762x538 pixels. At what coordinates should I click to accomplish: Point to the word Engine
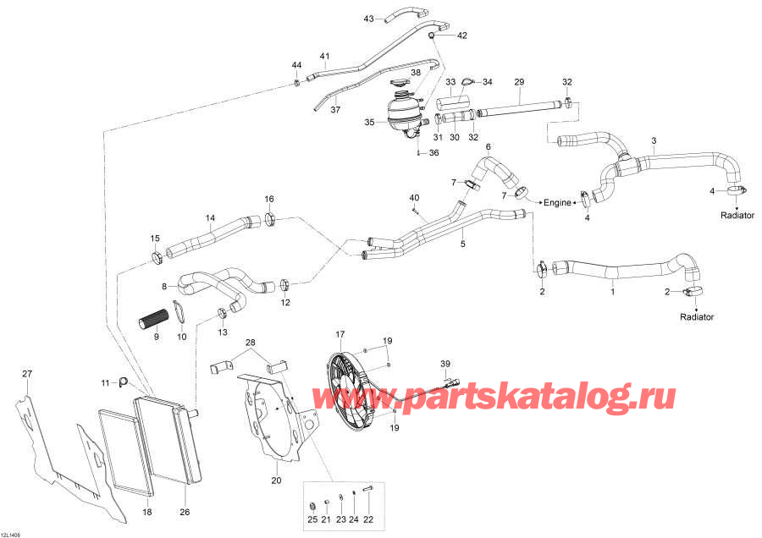coord(558,203)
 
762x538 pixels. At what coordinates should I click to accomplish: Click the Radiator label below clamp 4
coord(737,215)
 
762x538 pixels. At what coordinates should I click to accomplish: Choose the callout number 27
coord(26,374)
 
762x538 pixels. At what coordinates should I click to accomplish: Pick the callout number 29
coord(519,81)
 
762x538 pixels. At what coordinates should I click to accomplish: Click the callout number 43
coord(368,18)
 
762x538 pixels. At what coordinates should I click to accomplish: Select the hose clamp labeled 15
coord(157,257)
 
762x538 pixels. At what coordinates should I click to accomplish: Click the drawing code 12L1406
coord(13,533)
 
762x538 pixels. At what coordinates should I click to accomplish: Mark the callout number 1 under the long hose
coord(613,292)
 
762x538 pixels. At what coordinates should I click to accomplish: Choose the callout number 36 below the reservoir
coord(434,153)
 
